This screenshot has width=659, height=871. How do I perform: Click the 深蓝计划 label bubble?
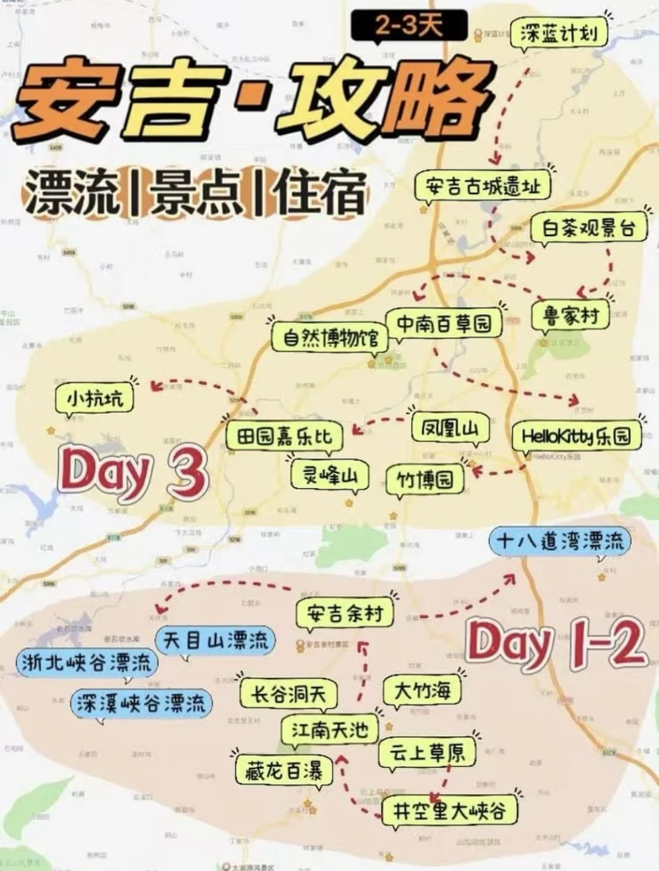[x=558, y=34]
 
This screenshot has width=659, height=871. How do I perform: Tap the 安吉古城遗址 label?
[x=482, y=187]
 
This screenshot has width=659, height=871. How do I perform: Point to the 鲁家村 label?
[x=571, y=316]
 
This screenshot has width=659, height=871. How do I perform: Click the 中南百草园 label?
[x=444, y=323]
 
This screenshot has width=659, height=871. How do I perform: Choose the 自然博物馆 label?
[x=330, y=337]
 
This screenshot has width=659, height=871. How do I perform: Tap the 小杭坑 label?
[x=95, y=399]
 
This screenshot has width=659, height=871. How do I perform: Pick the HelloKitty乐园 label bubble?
[x=576, y=436]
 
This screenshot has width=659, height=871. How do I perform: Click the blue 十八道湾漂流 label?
[x=560, y=541]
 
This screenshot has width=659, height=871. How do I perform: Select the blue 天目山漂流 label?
[x=215, y=640]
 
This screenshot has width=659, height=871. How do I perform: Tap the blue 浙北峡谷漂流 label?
[x=86, y=662]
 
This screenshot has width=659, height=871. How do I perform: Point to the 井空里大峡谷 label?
[x=449, y=811]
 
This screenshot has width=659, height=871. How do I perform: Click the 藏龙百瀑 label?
[x=284, y=771]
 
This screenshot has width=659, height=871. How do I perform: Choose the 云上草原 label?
[x=427, y=752]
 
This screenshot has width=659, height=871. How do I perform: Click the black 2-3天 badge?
[x=409, y=26]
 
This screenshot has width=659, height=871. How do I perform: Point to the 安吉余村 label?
[x=345, y=613]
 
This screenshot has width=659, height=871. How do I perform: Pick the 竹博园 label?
[x=425, y=480]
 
